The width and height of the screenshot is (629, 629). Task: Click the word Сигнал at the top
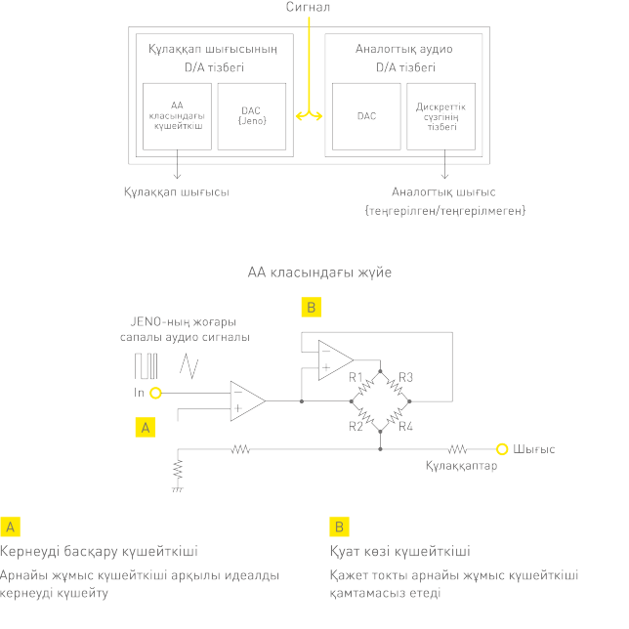308,8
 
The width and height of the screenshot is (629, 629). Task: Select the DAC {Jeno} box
252,116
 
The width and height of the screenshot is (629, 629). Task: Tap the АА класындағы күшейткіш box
177,116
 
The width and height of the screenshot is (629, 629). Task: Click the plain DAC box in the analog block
366,116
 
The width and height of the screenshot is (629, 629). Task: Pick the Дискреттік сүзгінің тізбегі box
441,116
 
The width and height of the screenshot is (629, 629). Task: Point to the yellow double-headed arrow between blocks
309,116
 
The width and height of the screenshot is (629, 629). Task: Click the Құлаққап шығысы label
176,192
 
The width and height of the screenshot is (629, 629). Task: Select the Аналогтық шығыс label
443,192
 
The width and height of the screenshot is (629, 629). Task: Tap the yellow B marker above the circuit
311,309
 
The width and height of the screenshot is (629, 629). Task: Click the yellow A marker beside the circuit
145,427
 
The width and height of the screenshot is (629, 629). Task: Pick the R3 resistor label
406,377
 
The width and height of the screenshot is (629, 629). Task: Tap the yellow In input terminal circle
155,393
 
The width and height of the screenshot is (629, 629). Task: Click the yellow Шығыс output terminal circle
502,449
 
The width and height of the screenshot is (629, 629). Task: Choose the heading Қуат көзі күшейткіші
400,551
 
